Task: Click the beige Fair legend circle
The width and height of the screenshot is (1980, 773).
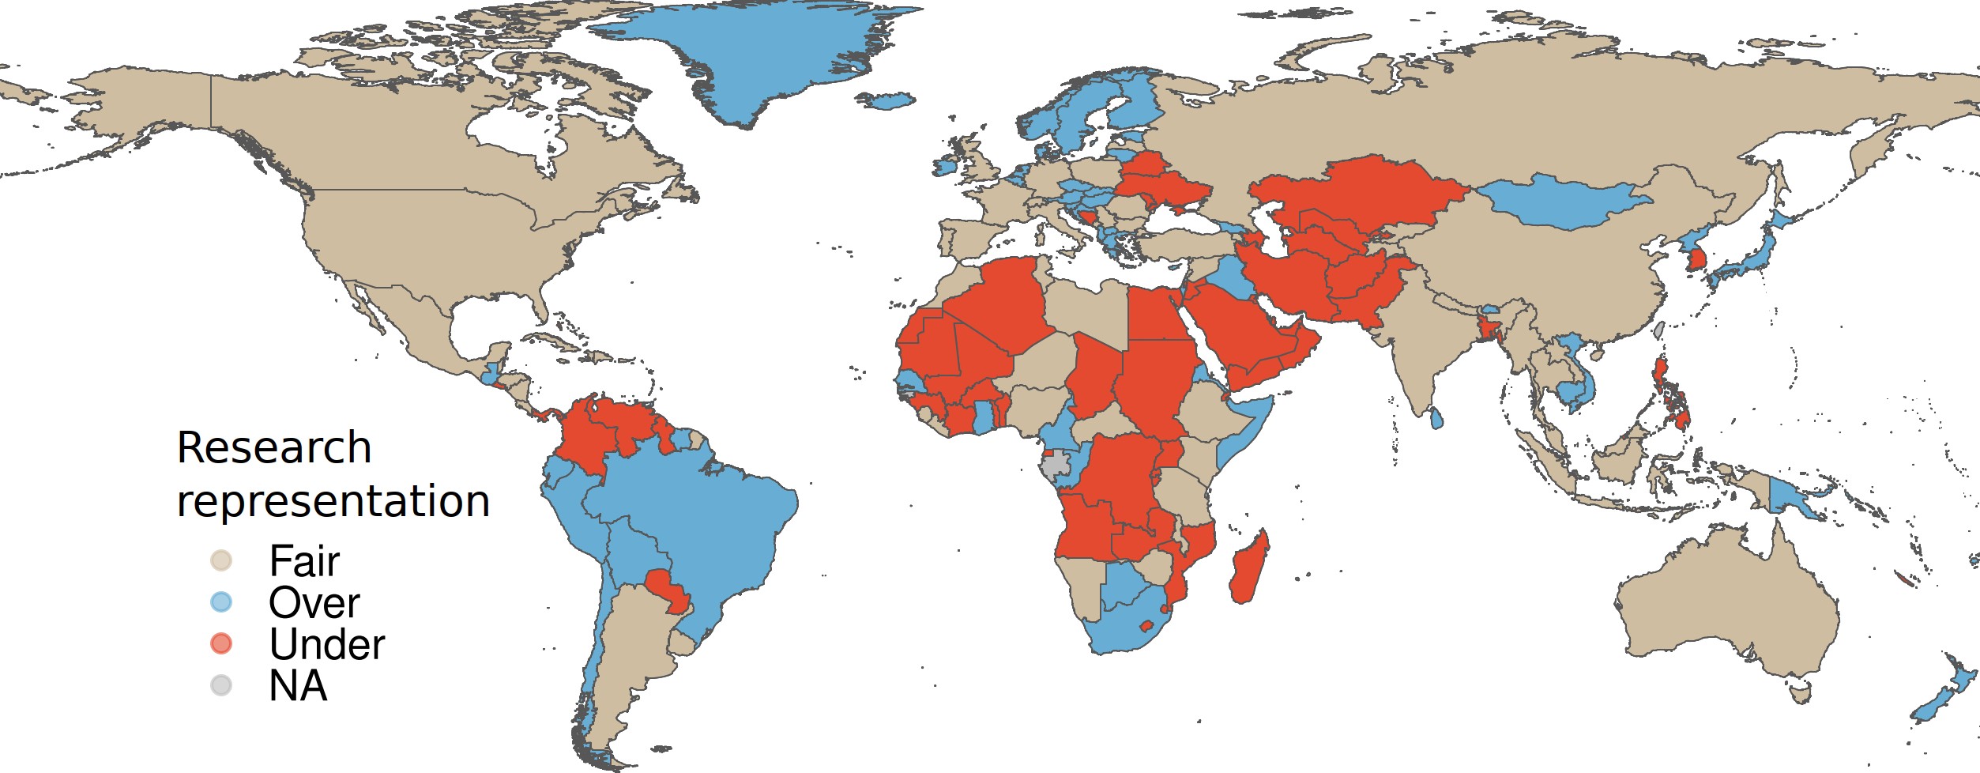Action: tap(221, 561)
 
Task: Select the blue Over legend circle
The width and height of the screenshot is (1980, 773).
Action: tap(221, 603)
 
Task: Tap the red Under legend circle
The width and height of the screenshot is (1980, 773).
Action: tap(221, 644)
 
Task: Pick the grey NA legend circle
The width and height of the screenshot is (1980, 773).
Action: tap(221, 685)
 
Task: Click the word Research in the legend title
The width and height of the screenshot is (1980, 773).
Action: tap(274, 448)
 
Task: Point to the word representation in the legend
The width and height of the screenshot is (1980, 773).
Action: tap(333, 501)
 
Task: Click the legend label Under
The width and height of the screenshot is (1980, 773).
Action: tap(326, 644)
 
